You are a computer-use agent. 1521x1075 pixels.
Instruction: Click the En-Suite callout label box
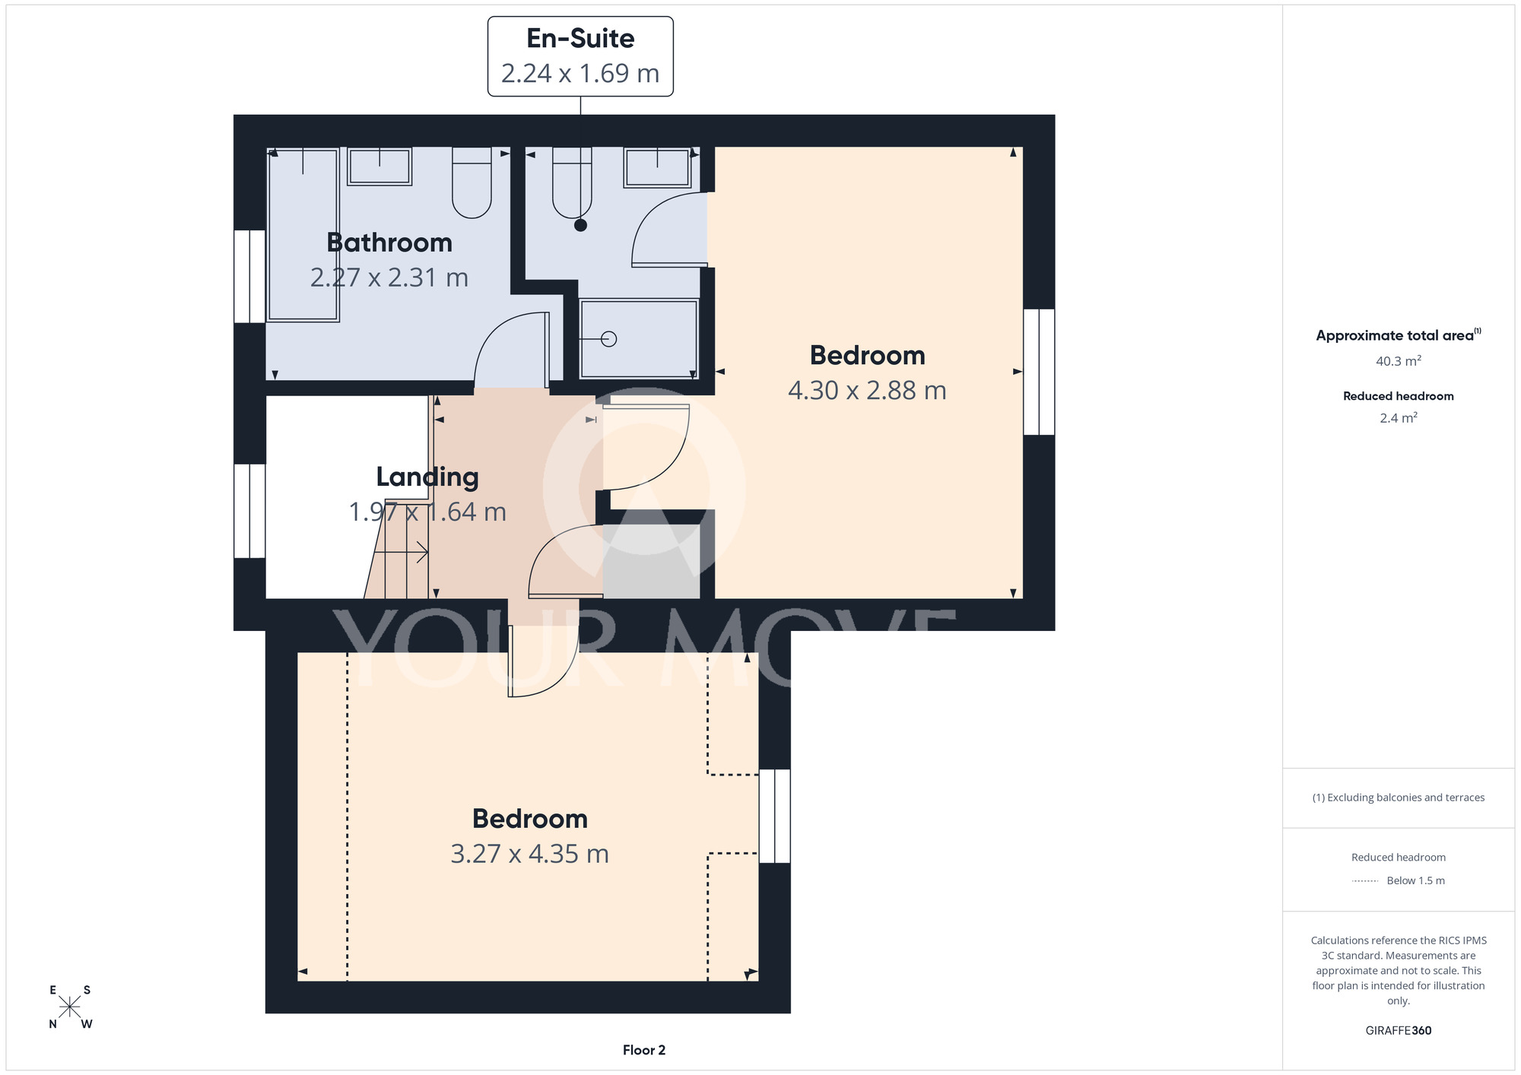point(580,56)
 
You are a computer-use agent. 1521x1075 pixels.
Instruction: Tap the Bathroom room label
point(389,243)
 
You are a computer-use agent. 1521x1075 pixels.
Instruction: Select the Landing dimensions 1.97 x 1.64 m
point(427,512)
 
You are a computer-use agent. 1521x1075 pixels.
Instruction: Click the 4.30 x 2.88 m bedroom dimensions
point(867,390)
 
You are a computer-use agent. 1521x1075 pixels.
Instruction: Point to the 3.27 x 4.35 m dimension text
point(530,854)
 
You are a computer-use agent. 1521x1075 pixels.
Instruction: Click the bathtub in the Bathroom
point(303,235)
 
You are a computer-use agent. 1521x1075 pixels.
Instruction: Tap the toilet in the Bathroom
point(472,182)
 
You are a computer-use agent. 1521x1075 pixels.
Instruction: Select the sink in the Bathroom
point(379,166)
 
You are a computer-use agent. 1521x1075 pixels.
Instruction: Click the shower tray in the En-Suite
point(639,339)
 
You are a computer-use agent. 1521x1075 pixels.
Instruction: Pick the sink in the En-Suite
point(657,167)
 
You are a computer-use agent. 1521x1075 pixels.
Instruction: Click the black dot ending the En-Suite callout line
point(581,225)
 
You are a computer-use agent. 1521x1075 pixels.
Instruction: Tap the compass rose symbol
point(70,1007)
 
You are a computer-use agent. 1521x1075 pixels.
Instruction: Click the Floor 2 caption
point(644,1050)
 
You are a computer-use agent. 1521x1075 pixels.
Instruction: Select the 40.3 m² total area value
point(1399,360)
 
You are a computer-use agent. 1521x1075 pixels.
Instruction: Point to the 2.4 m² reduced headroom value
point(1399,417)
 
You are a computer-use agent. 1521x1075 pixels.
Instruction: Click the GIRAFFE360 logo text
point(1399,1031)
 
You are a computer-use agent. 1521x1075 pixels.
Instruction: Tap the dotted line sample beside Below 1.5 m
point(1365,881)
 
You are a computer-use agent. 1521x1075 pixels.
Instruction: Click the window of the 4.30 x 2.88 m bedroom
point(1039,372)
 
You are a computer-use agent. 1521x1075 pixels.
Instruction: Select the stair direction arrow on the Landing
point(402,552)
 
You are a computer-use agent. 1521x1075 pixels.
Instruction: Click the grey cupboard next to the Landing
point(652,561)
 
